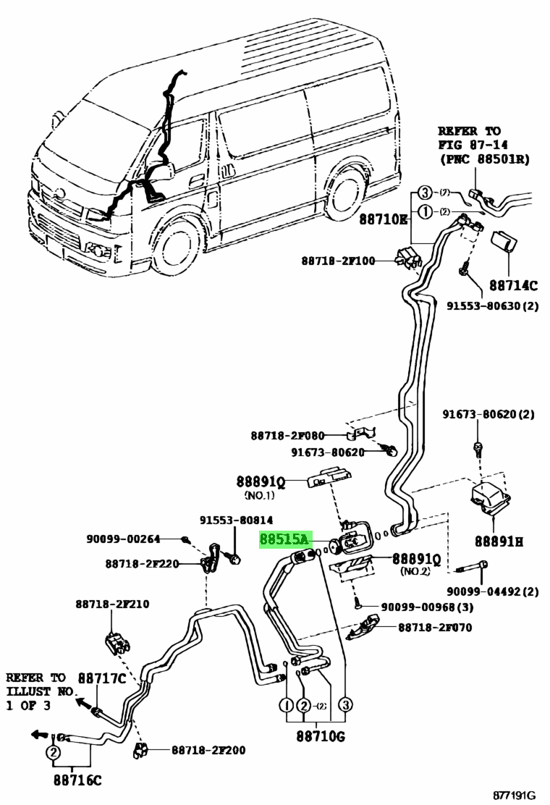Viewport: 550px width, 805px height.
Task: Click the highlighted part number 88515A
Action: coord(284,540)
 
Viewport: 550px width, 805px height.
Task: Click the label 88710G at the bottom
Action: coord(316,736)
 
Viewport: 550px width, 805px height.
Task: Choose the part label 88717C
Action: coord(102,678)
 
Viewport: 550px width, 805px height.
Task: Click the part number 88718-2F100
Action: coord(339,260)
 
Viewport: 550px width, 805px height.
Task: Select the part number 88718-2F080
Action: coord(287,436)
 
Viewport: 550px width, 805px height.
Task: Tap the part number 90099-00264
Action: coord(122,539)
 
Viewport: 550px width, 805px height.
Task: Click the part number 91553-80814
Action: coord(237,520)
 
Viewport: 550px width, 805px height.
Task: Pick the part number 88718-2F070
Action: coord(435,628)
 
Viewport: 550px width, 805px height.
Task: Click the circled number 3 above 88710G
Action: coord(346,705)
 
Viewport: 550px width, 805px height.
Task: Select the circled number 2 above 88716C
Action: coord(53,753)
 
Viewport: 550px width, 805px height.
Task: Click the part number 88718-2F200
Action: coord(208,750)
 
